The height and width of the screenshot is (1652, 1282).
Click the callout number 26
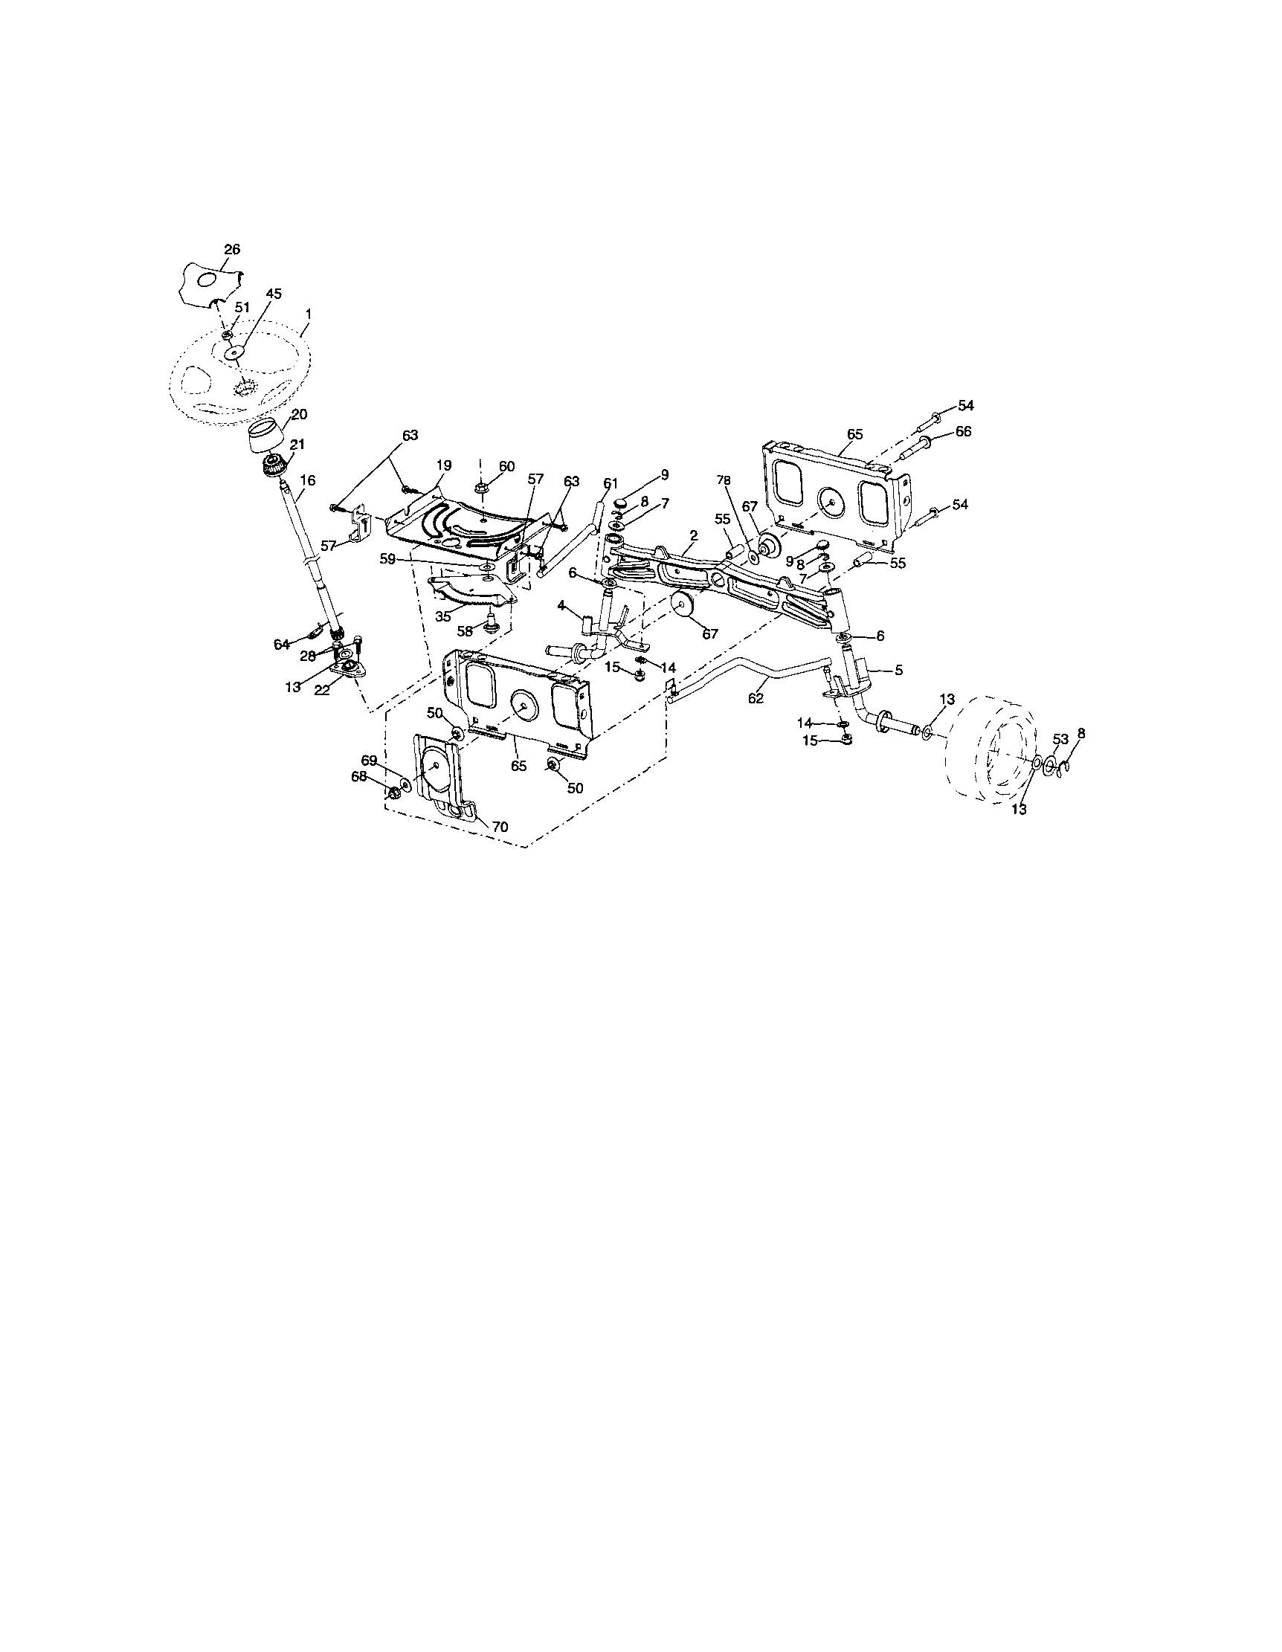(x=231, y=249)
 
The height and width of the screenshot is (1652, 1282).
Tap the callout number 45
(x=274, y=294)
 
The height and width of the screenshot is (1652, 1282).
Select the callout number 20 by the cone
(x=300, y=414)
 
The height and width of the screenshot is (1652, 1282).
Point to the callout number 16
(x=307, y=480)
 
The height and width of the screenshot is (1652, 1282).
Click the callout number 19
(x=444, y=465)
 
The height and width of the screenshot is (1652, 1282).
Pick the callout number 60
(x=506, y=466)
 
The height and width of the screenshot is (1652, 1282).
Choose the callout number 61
(x=611, y=483)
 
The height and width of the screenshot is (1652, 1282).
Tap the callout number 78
(x=724, y=480)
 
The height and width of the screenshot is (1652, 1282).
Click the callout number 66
(x=963, y=431)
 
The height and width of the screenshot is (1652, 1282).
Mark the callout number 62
(x=756, y=698)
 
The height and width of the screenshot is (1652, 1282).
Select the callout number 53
(x=1060, y=739)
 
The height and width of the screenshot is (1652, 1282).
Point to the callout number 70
(x=500, y=827)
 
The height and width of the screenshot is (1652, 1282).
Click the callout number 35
(x=443, y=616)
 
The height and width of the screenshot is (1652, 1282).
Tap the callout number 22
(x=322, y=690)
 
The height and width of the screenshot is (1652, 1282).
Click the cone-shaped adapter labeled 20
(x=268, y=436)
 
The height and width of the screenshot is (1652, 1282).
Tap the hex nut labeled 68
(x=393, y=793)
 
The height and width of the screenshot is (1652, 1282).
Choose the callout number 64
(x=282, y=644)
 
